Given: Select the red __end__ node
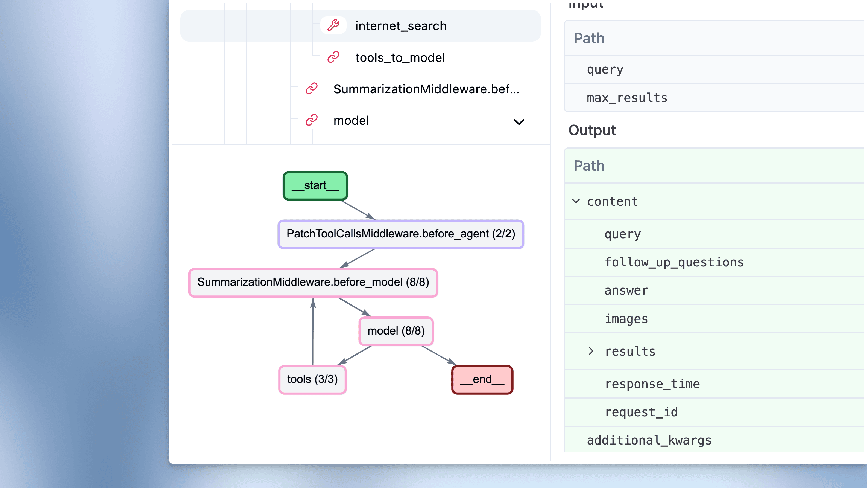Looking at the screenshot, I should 482,380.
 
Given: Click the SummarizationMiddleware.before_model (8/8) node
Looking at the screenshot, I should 313,282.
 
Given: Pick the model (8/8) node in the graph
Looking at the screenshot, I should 396,331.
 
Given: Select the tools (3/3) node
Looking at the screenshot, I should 312,380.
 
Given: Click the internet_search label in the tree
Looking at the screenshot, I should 400,26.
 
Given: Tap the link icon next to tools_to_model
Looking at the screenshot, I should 333,57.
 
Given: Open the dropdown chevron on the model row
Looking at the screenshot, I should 519,121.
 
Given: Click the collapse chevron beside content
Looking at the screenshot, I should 576,201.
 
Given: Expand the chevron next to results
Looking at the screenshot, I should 591,351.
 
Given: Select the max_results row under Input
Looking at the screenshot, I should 627,98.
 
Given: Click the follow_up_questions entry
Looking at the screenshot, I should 674,262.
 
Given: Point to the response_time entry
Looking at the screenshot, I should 652,384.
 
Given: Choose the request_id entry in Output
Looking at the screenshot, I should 641,412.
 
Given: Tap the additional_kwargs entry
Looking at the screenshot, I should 649,440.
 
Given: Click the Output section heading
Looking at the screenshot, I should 592,130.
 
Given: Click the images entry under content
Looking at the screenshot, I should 626,319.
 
